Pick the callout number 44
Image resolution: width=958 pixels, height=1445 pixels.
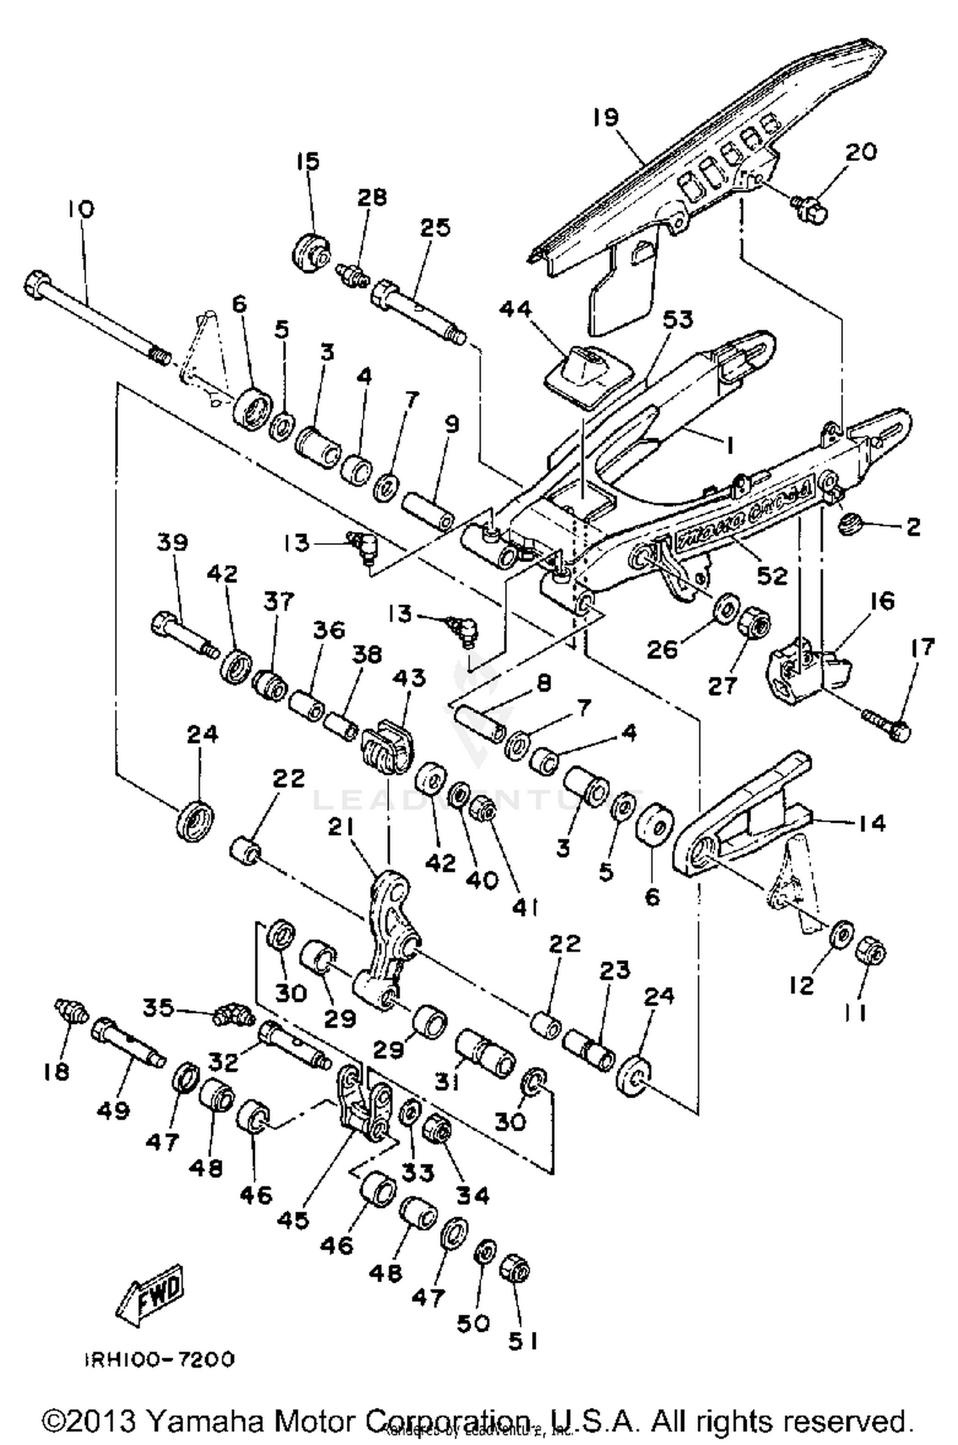[x=515, y=310]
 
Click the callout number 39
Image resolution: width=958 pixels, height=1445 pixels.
[x=172, y=542]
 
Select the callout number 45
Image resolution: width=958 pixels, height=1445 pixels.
[x=293, y=1220]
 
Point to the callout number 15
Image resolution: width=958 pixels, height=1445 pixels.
[x=308, y=162]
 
